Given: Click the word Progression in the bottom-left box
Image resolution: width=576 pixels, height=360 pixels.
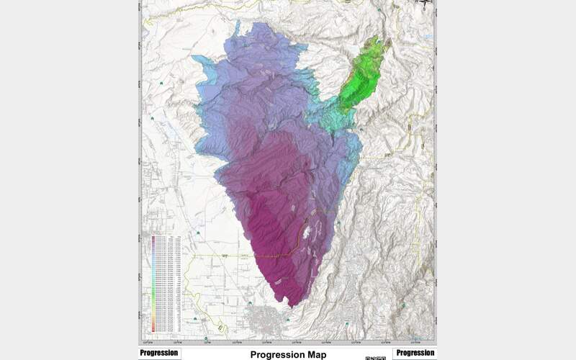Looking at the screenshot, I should (x=159, y=353).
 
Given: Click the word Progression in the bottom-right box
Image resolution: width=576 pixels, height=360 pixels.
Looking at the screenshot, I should (x=415, y=353).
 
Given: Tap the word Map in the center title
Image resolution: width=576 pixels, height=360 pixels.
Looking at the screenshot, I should (x=313, y=355).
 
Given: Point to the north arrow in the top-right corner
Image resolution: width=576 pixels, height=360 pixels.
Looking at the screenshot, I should (x=426, y=4).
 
